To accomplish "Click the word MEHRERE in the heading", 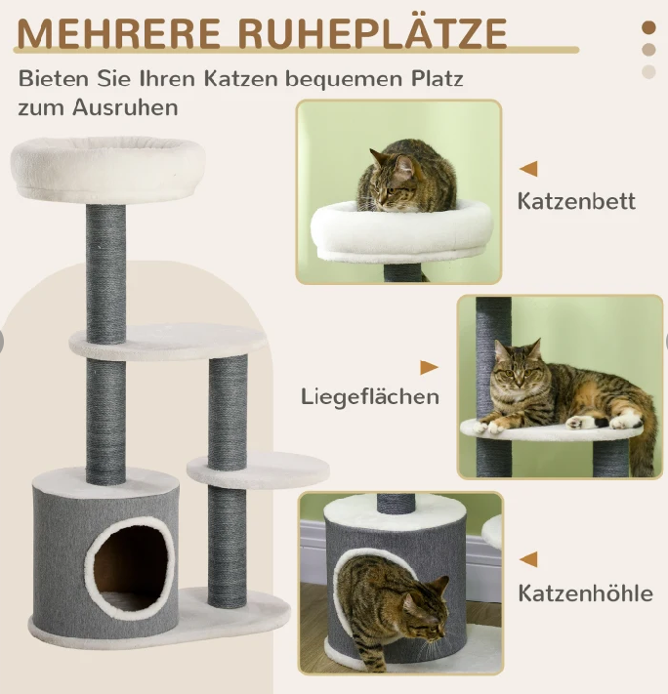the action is [118, 34].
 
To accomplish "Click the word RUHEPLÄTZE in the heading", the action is [372, 32].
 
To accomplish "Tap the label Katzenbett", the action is [576, 201].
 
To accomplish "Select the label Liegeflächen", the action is [370, 397].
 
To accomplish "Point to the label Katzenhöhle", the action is [586, 593].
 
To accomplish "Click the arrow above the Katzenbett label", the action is [528, 169].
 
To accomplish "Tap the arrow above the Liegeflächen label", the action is [429, 367].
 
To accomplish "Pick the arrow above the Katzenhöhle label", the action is [528, 559].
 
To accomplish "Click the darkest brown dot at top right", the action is [648, 27].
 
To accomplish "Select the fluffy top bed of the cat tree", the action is [108, 169].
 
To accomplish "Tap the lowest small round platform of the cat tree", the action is [258, 469].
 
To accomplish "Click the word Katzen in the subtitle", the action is [240, 79].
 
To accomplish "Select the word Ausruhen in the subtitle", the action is [125, 107].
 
